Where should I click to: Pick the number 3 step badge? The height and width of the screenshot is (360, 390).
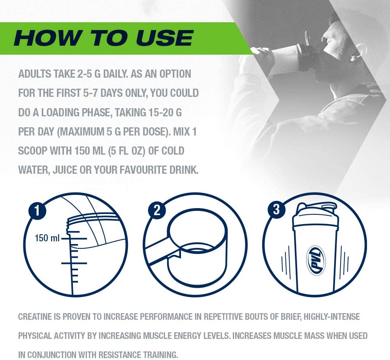click(276, 210)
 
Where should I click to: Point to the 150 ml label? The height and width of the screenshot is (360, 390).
click(47, 238)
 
